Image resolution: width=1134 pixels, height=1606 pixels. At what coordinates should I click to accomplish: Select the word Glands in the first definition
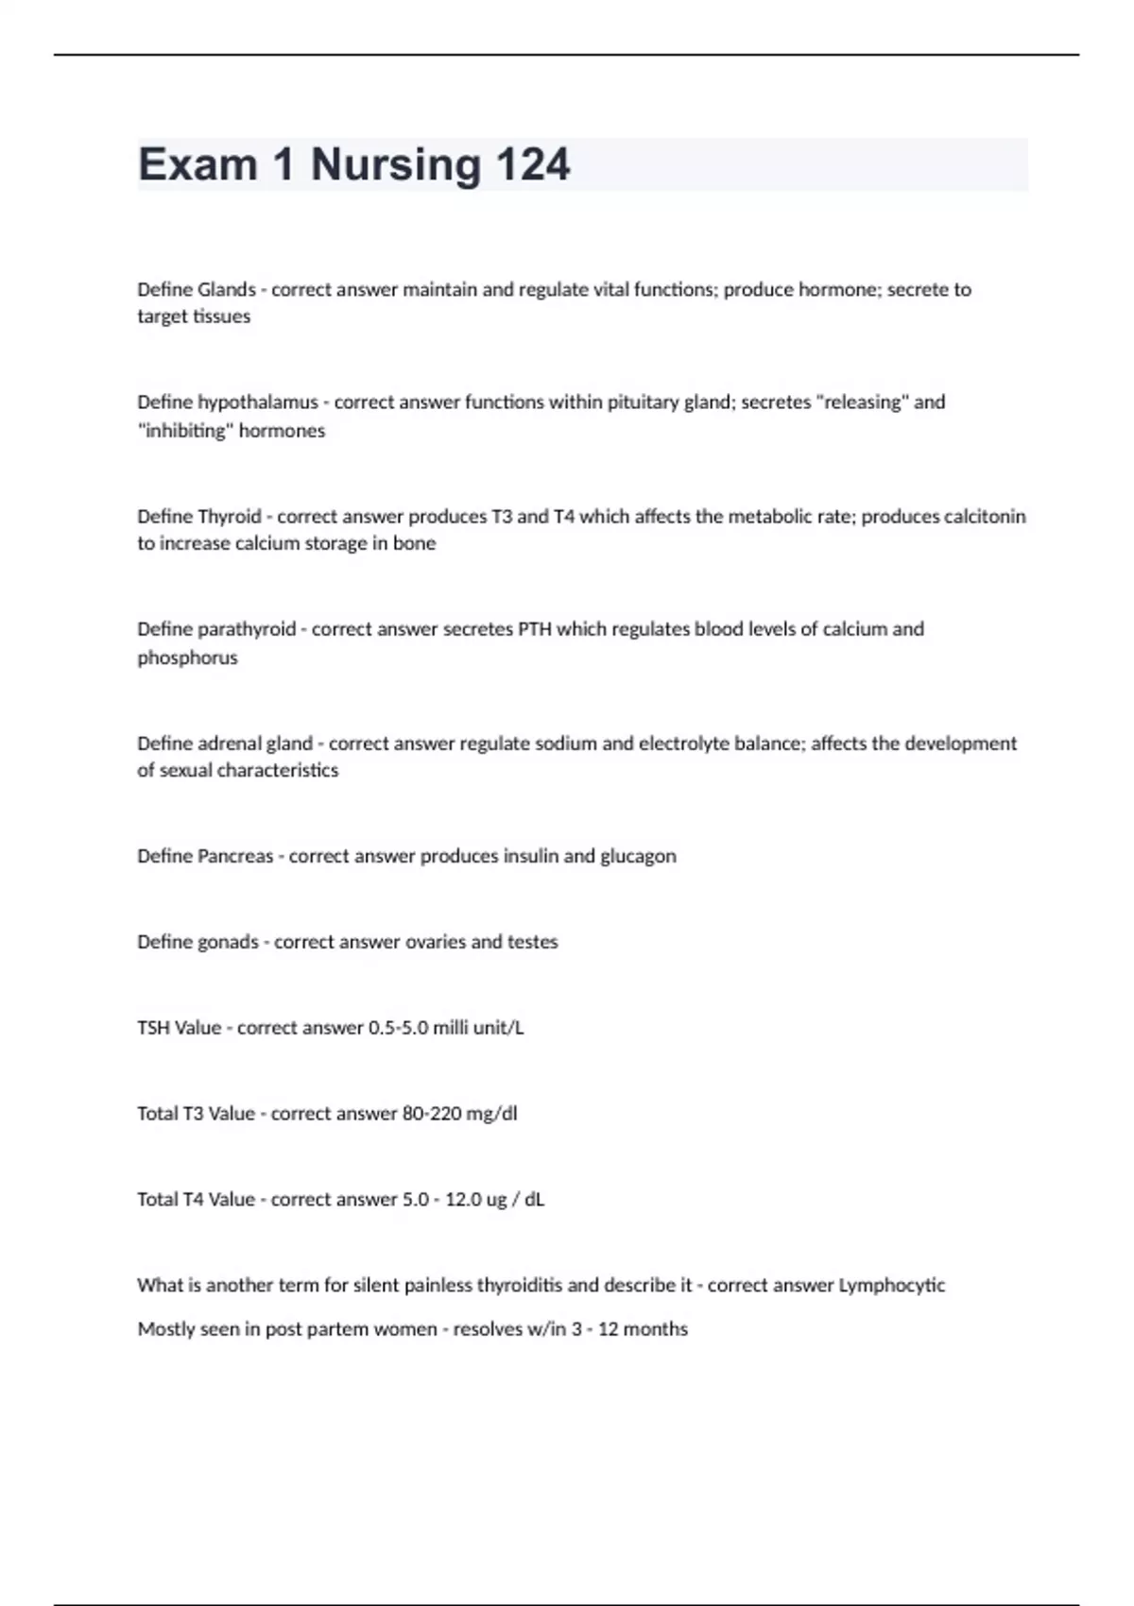pyautogui.click(x=226, y=289)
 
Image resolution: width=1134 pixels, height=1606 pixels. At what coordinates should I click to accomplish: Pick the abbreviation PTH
pyautogui.click(x=535, y=629)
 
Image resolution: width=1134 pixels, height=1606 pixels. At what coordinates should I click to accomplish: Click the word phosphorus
pyautogui.click(x=187, y=658)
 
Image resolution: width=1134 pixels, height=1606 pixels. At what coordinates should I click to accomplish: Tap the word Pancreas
pyautogui.click(x=234, y=856)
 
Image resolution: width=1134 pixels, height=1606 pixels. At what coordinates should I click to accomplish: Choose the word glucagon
pyautogui.click(x=638, y=856)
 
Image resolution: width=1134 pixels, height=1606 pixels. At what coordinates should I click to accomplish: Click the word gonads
pyautogui.click(x=228, y=942)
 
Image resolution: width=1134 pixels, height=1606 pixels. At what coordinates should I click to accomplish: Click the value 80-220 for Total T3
pyautogui.click(x=427, y=1114)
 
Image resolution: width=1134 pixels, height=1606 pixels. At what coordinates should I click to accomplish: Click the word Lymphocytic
pyautogui.click(x=891, y=1286)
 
